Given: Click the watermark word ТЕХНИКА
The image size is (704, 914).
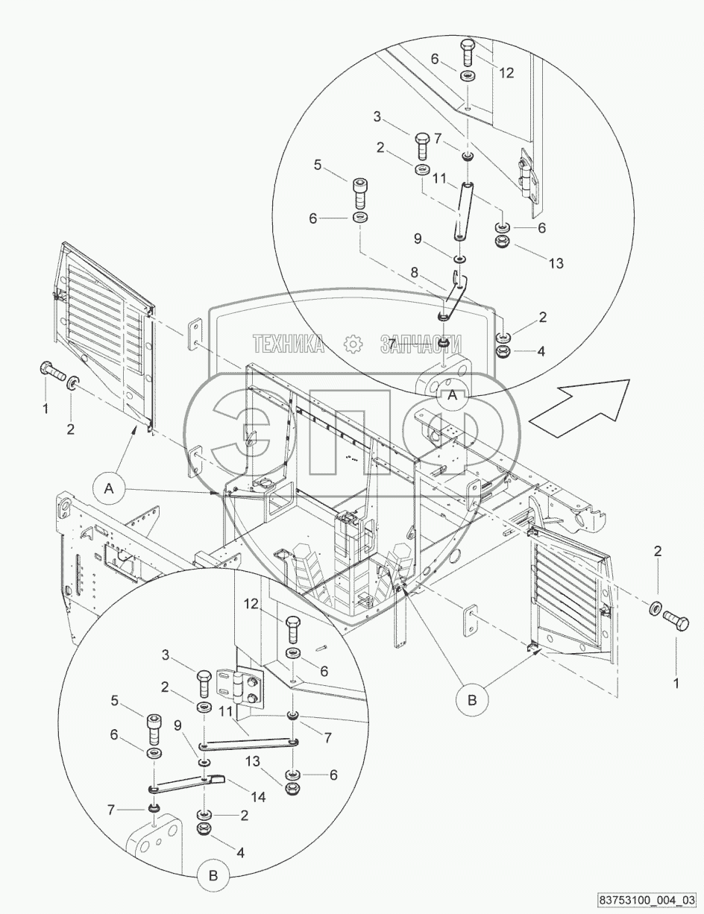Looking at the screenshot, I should (289, 344).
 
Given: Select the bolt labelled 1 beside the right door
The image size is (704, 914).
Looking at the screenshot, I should (673, 617).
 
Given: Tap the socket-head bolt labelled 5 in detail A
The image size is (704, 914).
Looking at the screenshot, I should (360, 193).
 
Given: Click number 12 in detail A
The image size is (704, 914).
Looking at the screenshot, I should (507, 73).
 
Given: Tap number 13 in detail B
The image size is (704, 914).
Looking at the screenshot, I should (254, 760).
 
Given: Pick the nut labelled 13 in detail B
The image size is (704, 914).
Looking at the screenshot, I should (292, 788).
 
